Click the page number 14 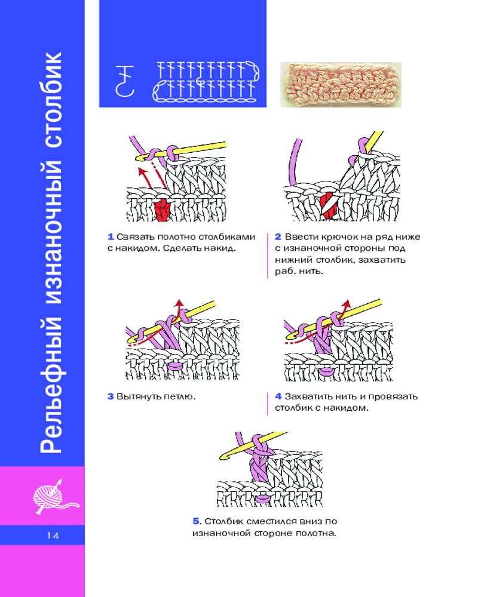pos(51,536)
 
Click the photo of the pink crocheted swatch pos(341,85)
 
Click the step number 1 pos(111,236)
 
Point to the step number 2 pos(278,236)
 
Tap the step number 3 pos(111,396)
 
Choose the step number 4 pos(278,396)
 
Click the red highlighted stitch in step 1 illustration pos(163,209)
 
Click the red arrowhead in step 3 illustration pos(177,303)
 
